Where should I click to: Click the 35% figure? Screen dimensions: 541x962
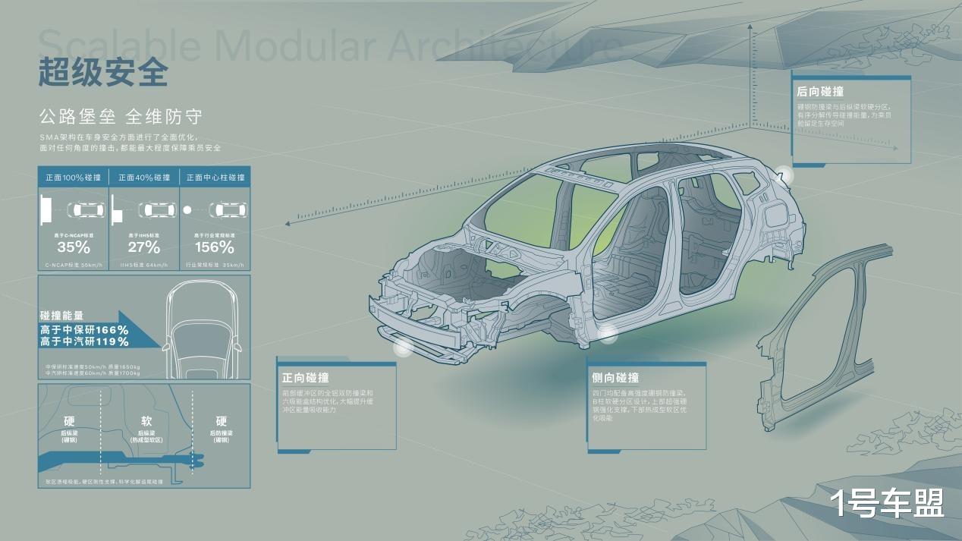74,247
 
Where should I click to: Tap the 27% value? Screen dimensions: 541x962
144,247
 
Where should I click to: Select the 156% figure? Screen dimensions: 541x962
215,247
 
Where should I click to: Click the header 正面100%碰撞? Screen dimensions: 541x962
73,178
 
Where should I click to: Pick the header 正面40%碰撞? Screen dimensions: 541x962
144,178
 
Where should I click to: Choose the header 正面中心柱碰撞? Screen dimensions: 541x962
215,178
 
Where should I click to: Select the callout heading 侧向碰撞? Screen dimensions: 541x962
615,378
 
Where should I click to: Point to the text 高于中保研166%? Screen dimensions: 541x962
84,330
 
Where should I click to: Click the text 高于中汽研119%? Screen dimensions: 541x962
84,342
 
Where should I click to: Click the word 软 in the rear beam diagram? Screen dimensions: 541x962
146,421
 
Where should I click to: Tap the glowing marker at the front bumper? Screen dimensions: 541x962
403,348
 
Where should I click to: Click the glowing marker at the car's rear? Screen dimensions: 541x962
784,175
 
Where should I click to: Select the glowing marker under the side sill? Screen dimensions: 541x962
607,332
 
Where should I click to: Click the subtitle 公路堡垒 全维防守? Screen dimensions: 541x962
121,117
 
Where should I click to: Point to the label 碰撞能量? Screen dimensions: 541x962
61,316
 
